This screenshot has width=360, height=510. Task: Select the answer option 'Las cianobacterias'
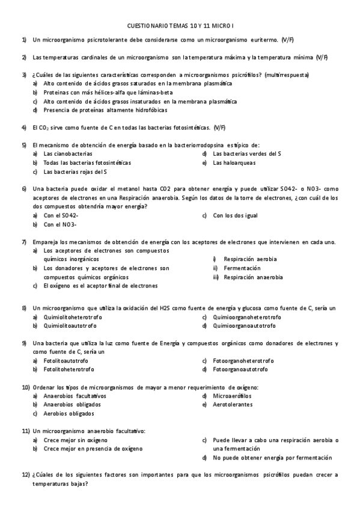tap(68, 154)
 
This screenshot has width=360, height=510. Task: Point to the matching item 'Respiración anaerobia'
tap(252, 277)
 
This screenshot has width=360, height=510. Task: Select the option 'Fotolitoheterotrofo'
tap(69, 369)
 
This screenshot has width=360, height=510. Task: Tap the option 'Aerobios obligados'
tap(69, 414)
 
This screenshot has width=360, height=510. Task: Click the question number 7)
tap(24, 242)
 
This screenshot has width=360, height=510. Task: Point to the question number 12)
tap(26, 475)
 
